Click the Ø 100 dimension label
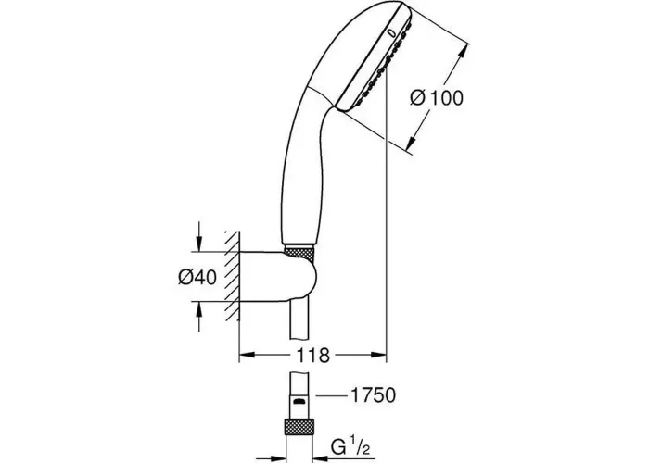(x=437, y=98)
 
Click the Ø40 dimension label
(x=197, y=277)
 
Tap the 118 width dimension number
(x=313, y=355)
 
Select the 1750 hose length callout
(x=373, y=395)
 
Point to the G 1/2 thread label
(x=351, y=446)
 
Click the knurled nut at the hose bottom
(x=299, y=432)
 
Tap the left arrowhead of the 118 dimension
(x=248, y=355)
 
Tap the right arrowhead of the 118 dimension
(x=378, y=355)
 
